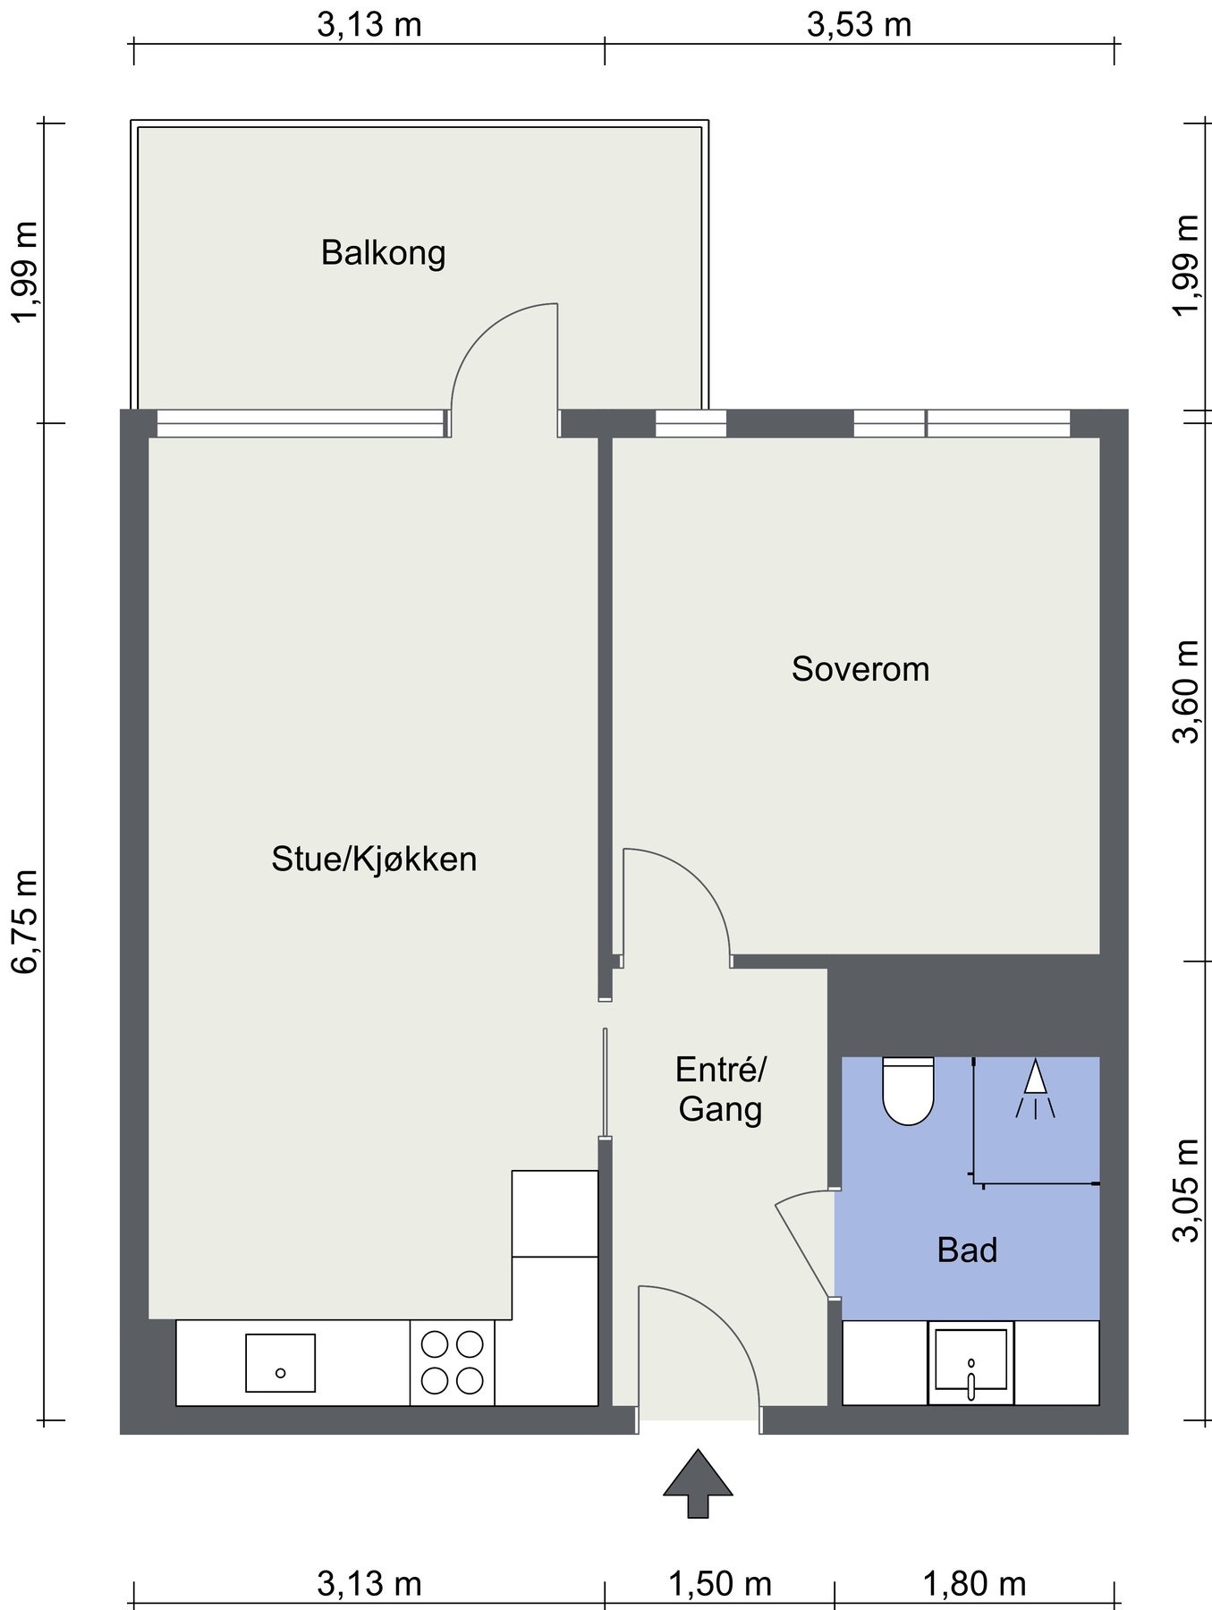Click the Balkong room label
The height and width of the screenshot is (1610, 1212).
click(x=383, y=253)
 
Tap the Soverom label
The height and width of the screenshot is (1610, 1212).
click(x=860, y=669)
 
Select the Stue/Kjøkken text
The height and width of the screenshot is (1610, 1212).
click(x=374, y=860)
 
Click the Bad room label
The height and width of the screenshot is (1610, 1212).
click(x=967, y=1250)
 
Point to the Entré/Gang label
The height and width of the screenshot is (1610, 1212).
click(x=720, y=1089)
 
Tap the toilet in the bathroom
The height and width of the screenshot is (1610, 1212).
click(x=908, y=1090)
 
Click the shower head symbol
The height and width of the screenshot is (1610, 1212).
click(x=1035, y=1089)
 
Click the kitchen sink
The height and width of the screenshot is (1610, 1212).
click(x=280, y=1363)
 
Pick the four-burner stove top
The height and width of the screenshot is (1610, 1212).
click(x=452, y=1362)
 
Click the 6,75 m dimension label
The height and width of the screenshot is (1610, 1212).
click(x=24, y=920)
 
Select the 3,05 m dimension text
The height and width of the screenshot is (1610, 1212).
click(x=1186, y=1191)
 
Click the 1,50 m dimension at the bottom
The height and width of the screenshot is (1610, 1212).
click(x=720, y=1584)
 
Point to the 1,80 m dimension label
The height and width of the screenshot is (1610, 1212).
click(x=974, y=1584)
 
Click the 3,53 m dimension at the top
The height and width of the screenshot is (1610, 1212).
click(x=860, y=24)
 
